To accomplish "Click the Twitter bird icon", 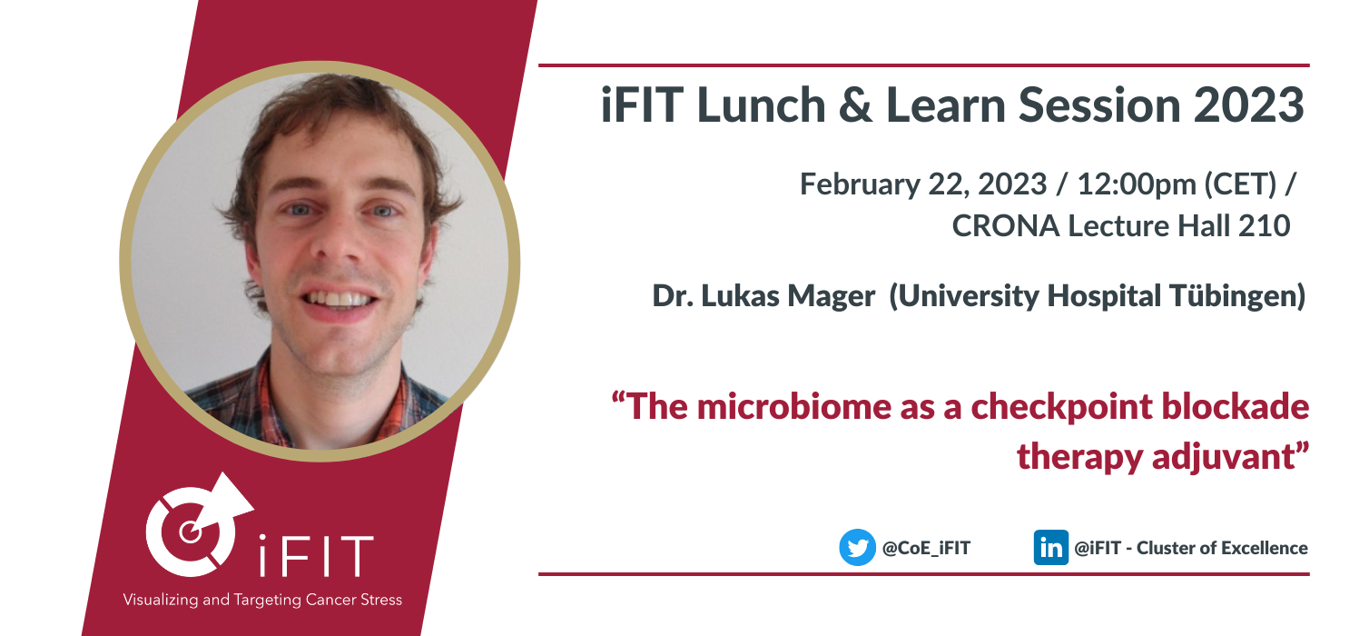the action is tap(857, 547).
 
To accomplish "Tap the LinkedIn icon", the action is tap(1050, 547).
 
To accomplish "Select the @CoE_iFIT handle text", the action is tap(926, 548).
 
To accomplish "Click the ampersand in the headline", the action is tap(855, 105).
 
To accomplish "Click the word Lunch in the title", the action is tap(761, 105).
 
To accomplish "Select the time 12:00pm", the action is tap(1137, 184).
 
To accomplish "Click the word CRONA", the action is tap(1005, 226).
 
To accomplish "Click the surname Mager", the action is tap(832, 297).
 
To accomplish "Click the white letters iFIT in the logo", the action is tap(315, 555).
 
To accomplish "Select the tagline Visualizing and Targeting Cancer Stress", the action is tap(262, 600).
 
